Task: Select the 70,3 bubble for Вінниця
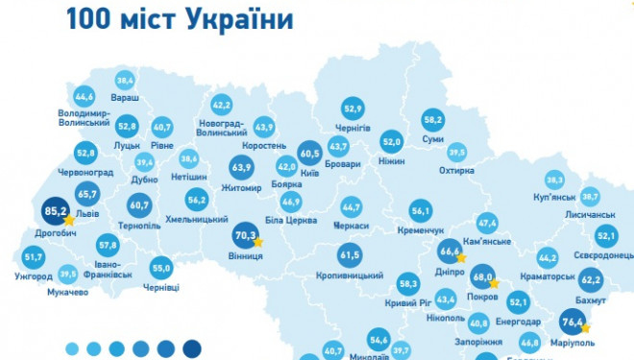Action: click(x=245, y=233)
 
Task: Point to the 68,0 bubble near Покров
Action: click(x=483, y=279)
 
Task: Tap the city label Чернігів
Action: click(x=353, y=127)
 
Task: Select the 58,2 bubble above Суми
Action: click(x=432, y=120)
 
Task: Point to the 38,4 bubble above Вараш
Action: click(x=125, y=81)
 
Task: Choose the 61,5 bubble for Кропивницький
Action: click(x=349, y=254)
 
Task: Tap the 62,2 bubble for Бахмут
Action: click(x=591, y=280)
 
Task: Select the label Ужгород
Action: click(x=34, y=276)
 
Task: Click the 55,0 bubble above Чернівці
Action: click(x=161, y=268)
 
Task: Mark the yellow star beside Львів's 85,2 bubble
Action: click(x=68, y=220)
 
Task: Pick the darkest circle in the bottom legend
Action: click(x=192, y=348)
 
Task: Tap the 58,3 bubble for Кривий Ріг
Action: click(x=408, y=283)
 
